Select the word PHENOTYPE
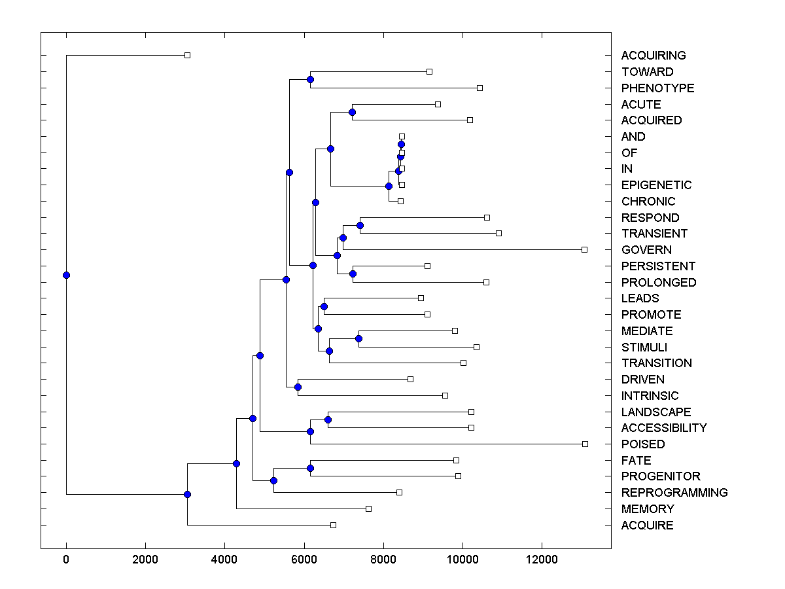click(x=657, y=88)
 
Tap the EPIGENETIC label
click(x=656, y=185)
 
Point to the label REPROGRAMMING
click(x=674, y=493)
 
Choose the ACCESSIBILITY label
click(x=664, y=428)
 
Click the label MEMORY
click(x=648, y=509)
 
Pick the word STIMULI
click(x=644, y=347)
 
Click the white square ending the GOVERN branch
click(x=585, y=249)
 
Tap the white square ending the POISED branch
click(x=585, y=444)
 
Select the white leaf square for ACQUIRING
click(x=187, y=55)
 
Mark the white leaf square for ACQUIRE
click(x=333, y=525)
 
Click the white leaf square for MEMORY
click(x=368, y=509)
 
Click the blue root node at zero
click(x=66, y=275)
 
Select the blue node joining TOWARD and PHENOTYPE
click(x=310, y=80)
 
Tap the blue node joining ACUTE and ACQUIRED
click(x=352, y=113)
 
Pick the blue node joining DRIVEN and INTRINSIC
click(x=298, y=387)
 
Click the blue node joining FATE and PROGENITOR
click(x=310, y=468)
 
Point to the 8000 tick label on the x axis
click(x=383, y=560)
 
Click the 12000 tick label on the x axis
click(x=542, y=560)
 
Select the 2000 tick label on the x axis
click(x=145, y=560)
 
